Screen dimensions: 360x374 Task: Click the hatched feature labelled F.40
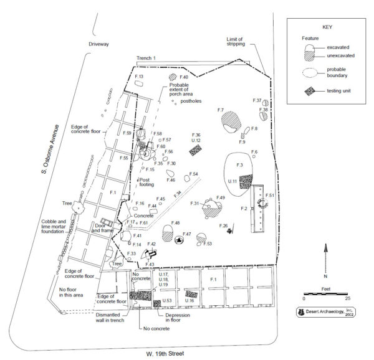click(x=172, y=77)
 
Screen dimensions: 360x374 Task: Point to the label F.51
click(x=269, y=196)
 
